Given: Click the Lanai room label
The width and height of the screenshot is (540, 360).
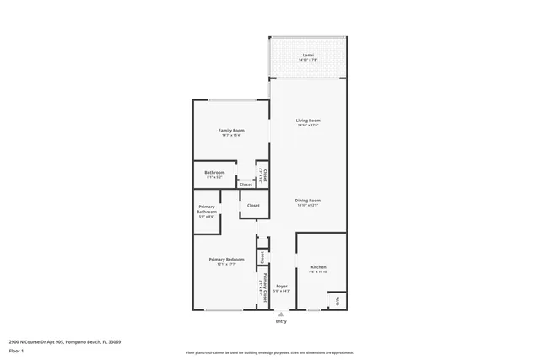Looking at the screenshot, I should tap(308, 56).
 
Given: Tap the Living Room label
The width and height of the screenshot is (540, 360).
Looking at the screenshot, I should tap(308, 121).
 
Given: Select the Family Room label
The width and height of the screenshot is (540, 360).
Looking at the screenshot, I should tap(231, 131).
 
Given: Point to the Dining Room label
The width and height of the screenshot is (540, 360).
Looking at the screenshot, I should tap(308, 201).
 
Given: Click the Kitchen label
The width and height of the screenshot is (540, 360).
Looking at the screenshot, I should tap(317, 267).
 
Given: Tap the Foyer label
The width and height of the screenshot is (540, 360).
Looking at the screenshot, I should tap(281, 286).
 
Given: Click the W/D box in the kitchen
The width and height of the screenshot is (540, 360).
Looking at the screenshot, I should tap(337, 301).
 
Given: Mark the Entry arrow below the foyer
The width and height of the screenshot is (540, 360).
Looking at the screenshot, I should tap(281, 314).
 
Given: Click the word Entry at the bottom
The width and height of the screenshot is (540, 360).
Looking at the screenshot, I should tap(281, 321).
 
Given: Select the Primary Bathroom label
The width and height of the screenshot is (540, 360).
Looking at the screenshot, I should tap(207, 209).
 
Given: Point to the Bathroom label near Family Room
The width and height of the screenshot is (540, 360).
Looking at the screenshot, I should tap(213, 173).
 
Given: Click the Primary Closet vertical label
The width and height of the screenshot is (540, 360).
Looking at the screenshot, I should tap(267, 283).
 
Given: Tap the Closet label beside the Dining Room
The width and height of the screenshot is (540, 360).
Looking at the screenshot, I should tap(252, 205).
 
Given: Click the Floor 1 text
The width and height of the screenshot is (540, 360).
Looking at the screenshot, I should tap(16, 350).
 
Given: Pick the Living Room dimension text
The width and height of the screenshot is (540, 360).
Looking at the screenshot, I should tap(308, 126).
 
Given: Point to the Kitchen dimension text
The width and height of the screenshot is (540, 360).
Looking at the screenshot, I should tap(317, 272).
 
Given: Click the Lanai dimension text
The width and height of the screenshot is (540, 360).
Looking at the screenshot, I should tap(308, 61).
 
